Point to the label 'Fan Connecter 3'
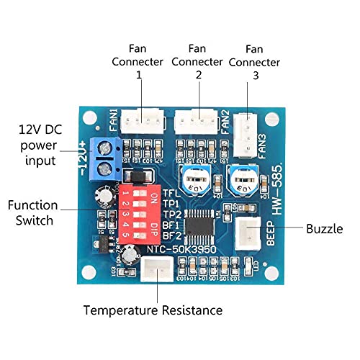click(253, 62)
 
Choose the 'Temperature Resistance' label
click(153, 311)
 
